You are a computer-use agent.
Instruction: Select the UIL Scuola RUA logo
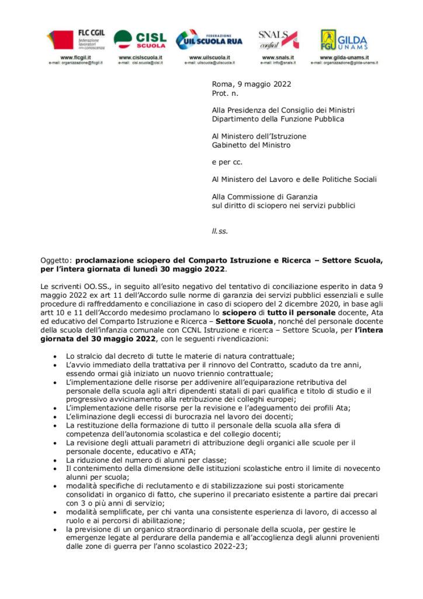209,40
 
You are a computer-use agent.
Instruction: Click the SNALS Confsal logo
278,39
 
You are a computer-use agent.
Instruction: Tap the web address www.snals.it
278,57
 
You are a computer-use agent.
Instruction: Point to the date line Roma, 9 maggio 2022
251,84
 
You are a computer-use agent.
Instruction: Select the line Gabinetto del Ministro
251,145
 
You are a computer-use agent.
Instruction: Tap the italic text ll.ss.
220,231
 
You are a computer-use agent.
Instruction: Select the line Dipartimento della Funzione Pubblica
278,119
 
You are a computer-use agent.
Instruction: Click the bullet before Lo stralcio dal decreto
55,356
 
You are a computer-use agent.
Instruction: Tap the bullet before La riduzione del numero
55,460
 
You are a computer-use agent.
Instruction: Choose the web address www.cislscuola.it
140,57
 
